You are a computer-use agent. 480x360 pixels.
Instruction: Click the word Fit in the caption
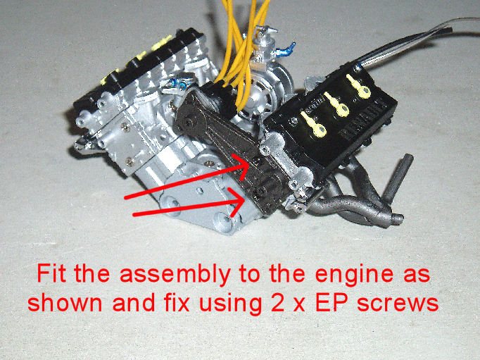pyautogui.click(x=51, y=273)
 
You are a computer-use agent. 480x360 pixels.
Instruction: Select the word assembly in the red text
pyautogui.click(x=175, y=275)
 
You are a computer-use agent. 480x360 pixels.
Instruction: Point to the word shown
pyautogui.click(x=65, y=303)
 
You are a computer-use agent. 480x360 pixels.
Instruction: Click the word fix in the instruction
pyautogui.click(x=176, y=303)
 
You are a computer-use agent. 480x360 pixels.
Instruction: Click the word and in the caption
pyautogui.click(x=133, y=303)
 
